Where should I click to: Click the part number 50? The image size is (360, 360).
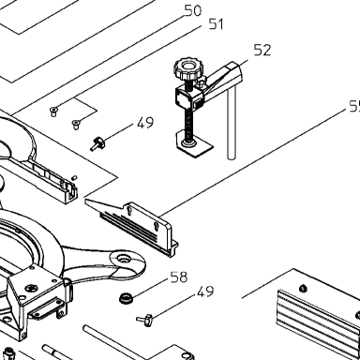(x=193, y=10)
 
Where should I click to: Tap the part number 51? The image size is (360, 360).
(x=217, y=24)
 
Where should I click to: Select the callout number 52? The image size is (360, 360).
(x=262, y=50)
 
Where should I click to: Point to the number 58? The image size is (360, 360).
(x=179, y=277)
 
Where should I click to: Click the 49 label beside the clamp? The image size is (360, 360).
(x=145, y=123)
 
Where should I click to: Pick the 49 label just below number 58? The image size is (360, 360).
(x=205, y=291)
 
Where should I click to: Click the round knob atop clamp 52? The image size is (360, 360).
(x=188, y=69)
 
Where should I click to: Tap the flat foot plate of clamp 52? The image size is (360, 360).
(x=194, y=144)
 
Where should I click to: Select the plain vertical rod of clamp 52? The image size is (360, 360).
(x=232, y=124)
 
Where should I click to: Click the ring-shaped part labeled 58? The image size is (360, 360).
(x=127, y=297)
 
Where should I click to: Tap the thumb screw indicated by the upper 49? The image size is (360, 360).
(x=97, y=143)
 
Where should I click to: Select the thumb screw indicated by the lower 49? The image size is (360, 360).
(x=144, y=320)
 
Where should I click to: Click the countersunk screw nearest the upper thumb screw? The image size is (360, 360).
(x=76, y=124)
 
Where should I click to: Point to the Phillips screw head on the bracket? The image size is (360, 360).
(x=31, y=288)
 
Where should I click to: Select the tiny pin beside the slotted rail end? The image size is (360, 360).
(x=74, y=178)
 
